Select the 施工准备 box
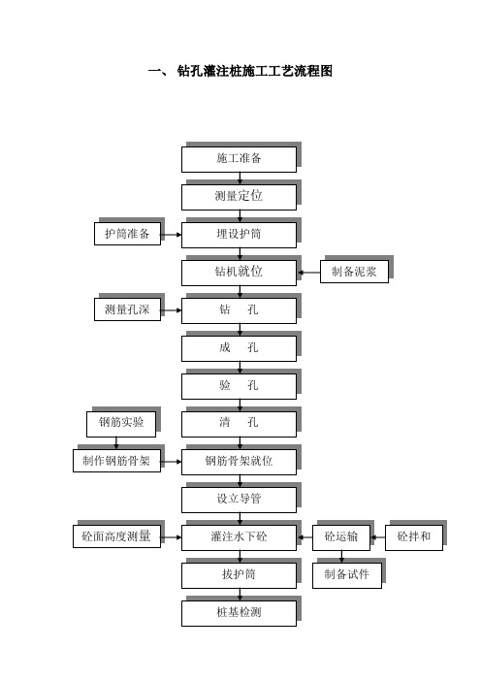pos(239,159)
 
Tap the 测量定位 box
pos(239,197)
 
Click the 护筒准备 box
pos(127,234)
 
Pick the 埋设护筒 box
pos(239,235)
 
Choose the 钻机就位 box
pos(239,273)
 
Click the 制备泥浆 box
pos(354,272)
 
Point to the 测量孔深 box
pos(127,309)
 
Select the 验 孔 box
pos(239,386)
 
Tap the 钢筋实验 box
pos(121,424)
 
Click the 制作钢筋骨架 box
pos(116,461)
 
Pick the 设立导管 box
pos(239,500)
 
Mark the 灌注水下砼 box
pos(239,537)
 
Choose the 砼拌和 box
pos(414,537)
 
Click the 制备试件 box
pos(347,575)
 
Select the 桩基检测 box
pos(239,613)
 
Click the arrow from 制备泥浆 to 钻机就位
pos(309,273)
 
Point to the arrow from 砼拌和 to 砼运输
pos(377,537)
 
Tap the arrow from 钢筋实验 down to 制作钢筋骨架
pos(116,443)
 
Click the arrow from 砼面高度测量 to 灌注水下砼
pos(171,537)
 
